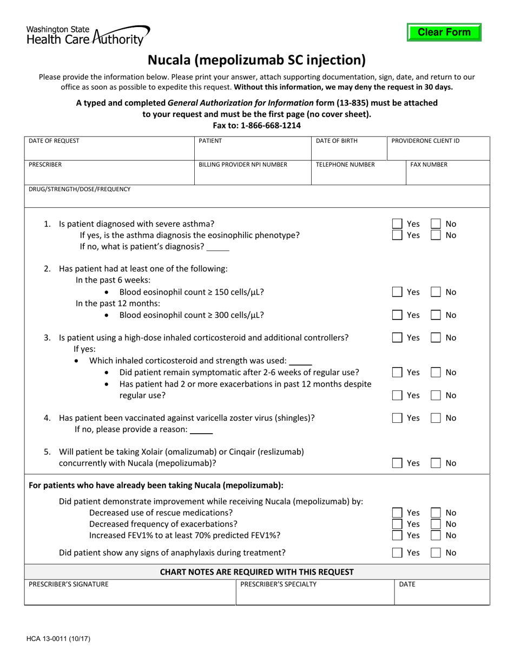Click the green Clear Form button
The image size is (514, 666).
[444, 32]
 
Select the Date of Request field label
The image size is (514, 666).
[54, 141]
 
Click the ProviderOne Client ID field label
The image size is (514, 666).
[425, 141]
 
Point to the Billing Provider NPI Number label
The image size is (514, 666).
[243, 165]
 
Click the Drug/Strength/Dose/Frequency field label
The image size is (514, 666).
[80, 189]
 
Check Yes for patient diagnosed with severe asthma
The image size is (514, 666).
[398, 224]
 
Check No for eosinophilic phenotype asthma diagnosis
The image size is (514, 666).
[436, 235]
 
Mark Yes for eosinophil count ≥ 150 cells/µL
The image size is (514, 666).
[398, 292]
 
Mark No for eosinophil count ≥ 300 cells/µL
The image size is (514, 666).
[436, 315]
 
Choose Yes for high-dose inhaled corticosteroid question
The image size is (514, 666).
[398, 338]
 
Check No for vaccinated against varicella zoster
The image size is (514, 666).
[436, 418]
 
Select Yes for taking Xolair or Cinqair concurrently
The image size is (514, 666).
[398, 463]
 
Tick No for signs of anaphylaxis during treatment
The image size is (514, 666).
[436, 553]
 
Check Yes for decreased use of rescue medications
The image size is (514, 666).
[398, 513]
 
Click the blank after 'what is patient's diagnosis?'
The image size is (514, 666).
[218, 247]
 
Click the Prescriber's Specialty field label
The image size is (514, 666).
[279, 584]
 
